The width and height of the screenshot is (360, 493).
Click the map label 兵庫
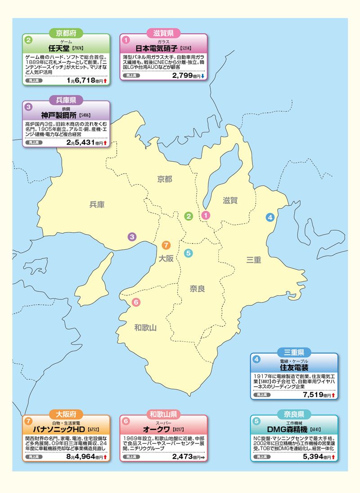tap(97, 205)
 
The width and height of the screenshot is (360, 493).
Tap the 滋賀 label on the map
tap(230, 200)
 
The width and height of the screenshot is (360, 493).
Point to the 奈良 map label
tap(197, 289)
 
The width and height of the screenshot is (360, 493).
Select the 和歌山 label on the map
tap(145, 328)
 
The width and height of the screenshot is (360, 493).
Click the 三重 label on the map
tap(253, 260)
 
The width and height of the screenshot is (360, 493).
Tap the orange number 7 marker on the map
tap(166, 245)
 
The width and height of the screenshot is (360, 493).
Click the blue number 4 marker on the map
tap(270, 217)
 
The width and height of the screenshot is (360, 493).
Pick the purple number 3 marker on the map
tap(132, 236)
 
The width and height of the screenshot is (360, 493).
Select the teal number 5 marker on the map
tap(188, 253)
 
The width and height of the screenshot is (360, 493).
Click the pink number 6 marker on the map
tap(136, 302)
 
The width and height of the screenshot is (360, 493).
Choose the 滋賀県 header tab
tap(164, 33)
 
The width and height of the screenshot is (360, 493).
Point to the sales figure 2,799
tap(182, 75)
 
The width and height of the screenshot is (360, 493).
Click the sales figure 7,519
tap(313, 395)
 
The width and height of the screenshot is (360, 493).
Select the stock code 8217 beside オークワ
tap(179, 430)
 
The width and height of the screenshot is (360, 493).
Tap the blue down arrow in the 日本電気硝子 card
tap(202, 76)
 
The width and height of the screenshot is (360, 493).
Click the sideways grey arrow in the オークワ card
tap(202, 457)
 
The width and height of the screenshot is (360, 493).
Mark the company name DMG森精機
tap(287, 429)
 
